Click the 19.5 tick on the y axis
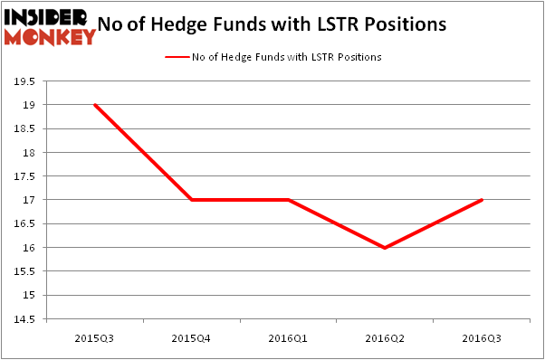pyautogui.click(x=24, y=81)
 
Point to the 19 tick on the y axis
pyautogui.click(x=30, y=105)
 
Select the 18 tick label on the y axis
pyautogui.click(x=30, y=153)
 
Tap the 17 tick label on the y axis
pyautogui.click(x=30, y=200)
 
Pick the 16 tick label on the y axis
pyautogui.click(x=30, y=248)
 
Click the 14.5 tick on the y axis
pyautogui.click(x=24, y=319)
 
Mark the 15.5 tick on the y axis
pyautogui.click(x=24, y=271)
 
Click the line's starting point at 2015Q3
pyautogui.click(x=94, y=105)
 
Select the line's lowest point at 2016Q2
pyautogui.click(x=385, y=248)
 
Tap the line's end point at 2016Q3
pyautogui.click(x=482, y=200)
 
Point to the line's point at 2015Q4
pyautogui.click(x=191, y=200)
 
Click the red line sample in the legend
pyautogui.click(x=176, y=57)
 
